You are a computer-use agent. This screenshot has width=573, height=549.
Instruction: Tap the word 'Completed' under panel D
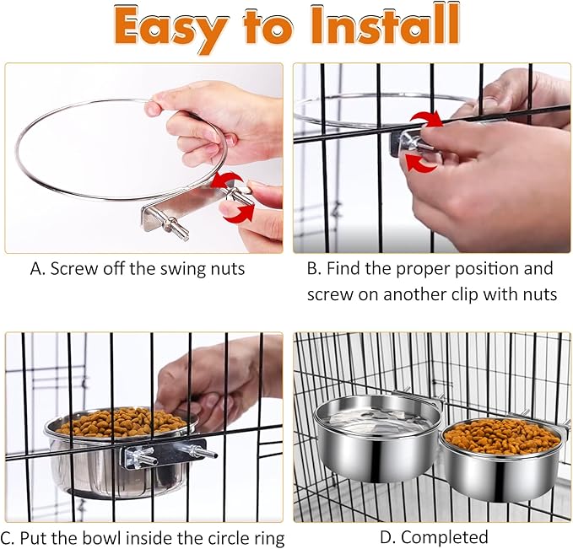pyautogui.click(x=444, y=537)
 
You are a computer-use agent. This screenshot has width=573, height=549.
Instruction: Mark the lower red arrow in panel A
pyautogui.click(x=241, y=215)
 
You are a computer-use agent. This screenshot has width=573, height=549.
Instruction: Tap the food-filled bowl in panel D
pyautogui.click(x=500, y=455)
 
